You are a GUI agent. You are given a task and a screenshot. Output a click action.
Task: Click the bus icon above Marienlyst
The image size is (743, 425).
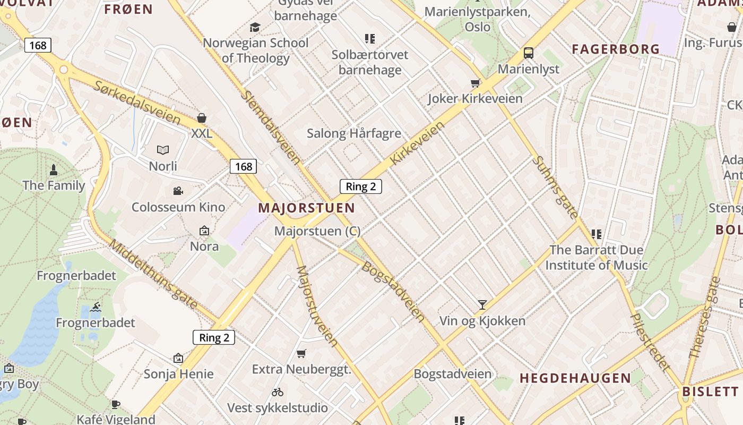click(x=529, y=53)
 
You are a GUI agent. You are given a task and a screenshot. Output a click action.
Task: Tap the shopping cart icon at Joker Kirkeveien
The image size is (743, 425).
click(x=476, y=83)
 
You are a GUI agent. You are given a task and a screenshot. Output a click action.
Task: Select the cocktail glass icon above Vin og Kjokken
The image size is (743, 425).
click(x=482, y=304)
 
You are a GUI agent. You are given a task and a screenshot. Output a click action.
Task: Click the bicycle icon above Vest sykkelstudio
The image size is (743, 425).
click(x=278, y=392)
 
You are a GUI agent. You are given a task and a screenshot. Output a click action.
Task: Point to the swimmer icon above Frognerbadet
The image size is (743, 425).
click(x=96, y=307)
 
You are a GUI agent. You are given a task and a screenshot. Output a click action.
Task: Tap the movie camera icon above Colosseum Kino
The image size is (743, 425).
click(x=178, y=191)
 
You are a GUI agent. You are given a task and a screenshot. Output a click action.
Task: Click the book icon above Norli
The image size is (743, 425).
click(x=163, y=150)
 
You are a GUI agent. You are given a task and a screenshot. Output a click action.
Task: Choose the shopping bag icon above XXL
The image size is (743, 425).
click(x=202, y=117)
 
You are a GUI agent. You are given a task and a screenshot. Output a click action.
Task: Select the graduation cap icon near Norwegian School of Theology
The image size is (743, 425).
click(x=255, y=27)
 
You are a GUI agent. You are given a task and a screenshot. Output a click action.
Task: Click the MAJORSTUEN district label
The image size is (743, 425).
click(x=307, y=208)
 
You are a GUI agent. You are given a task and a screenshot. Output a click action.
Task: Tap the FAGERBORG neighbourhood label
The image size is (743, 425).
click(x=616, y=49)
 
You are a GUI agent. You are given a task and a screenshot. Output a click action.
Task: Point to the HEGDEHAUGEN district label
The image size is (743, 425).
click(x=575, y=378)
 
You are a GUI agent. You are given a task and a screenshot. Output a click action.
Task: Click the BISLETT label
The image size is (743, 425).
click(x=710, y=392)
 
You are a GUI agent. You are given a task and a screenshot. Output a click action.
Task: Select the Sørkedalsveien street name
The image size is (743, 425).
click(x=137, y=103)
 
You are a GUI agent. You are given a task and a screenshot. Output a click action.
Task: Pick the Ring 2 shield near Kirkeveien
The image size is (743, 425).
click(x=361, y=186)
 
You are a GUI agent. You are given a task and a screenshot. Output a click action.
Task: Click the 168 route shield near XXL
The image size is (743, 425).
click(x=244, y=166)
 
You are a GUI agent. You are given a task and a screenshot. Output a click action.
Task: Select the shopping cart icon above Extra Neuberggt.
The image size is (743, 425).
click(x=301, y=353)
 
